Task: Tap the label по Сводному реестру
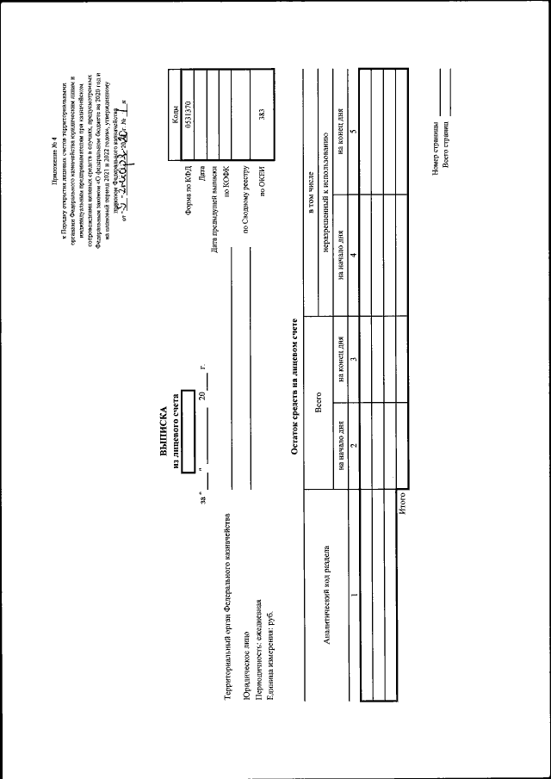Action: pos(245,197)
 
